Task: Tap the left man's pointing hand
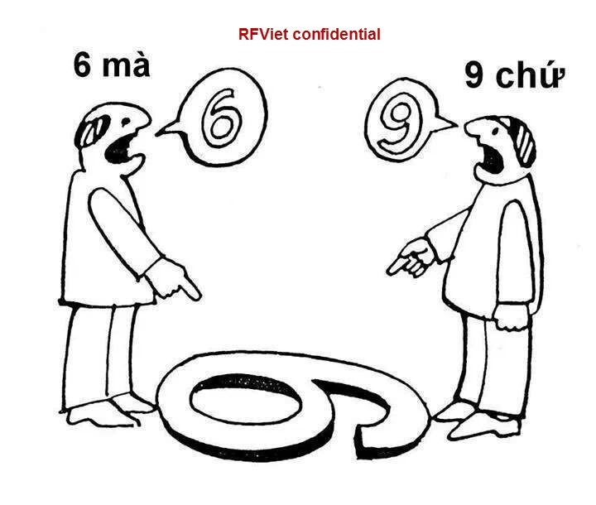pos(179,281)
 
